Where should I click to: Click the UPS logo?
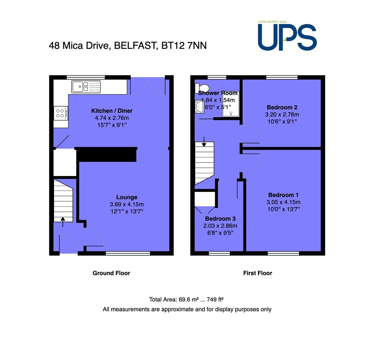[287, 36]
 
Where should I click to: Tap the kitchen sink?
[86, 87]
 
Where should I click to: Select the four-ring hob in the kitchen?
[61, 113]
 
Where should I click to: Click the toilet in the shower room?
[202, 88]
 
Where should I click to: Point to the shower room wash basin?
[199, 106]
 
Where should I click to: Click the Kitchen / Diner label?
[112, 111]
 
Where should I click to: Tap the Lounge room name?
[127, 197]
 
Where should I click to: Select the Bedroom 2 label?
[282, 107]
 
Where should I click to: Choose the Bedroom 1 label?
[284, 195]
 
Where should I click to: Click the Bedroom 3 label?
[220, 219]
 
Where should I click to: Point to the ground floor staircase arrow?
[63, 222]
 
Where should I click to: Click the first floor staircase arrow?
[204, 142]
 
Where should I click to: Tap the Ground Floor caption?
[111, 273]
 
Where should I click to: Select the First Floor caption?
[258, 273]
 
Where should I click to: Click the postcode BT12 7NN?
[184, 46]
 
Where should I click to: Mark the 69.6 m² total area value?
[189, 299]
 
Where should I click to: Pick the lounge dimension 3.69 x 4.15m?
[126, 204]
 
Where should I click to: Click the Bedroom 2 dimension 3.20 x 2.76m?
[282, 114]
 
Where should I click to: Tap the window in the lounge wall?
[128, 253]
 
